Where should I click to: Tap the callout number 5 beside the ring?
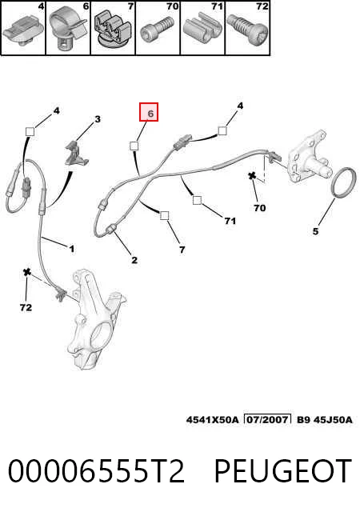click(x=315, y=231)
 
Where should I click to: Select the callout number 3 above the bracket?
click(x=98, y=119)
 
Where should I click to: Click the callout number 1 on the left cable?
click(x=71, y=249)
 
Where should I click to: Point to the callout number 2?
click(x=134, y=260)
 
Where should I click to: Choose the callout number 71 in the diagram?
click(x=230, y=221)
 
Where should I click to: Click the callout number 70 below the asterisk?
click(x=260, y=208)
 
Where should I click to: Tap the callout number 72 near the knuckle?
click(x=26, y=307)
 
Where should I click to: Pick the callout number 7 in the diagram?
click(x=182, y=250)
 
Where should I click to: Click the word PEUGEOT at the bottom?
click(x=282, y=470)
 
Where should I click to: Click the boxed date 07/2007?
click(x=267, y=419)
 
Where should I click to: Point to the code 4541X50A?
click(x=212, y=419)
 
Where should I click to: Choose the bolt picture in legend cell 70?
click(x=157, y=30)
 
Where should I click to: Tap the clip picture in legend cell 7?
click(x=113, y=30)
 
